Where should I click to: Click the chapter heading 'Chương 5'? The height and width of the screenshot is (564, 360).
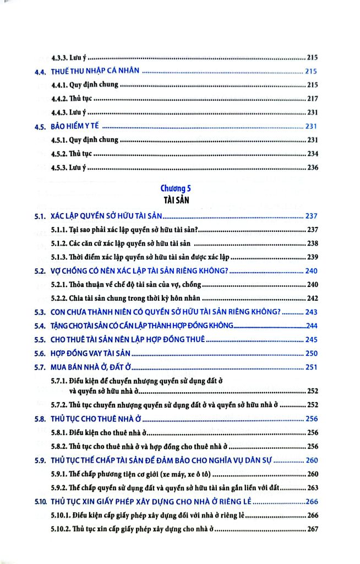[x=176, y=188]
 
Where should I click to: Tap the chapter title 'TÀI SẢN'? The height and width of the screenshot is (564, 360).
[x=176, y=200]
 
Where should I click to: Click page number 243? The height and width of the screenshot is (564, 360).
[x=312, y=312]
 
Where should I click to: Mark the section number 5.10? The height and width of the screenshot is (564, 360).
[x=39, y=502]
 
